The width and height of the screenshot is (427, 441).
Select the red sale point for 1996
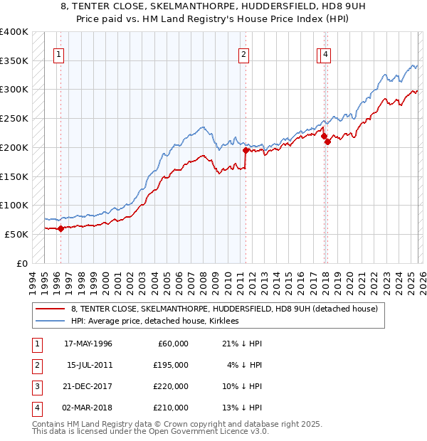(60, 228)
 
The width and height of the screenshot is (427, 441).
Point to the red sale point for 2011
(246, 150)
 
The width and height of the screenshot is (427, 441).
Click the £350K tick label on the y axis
(14, 61)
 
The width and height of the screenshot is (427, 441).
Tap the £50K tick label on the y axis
(16, 234)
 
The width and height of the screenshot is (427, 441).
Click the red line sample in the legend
(50, 309)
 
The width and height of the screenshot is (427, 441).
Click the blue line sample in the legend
(50, 322)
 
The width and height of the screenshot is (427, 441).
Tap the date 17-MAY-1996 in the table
(88, 344)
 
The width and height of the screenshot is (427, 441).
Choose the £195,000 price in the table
(171, 365)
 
